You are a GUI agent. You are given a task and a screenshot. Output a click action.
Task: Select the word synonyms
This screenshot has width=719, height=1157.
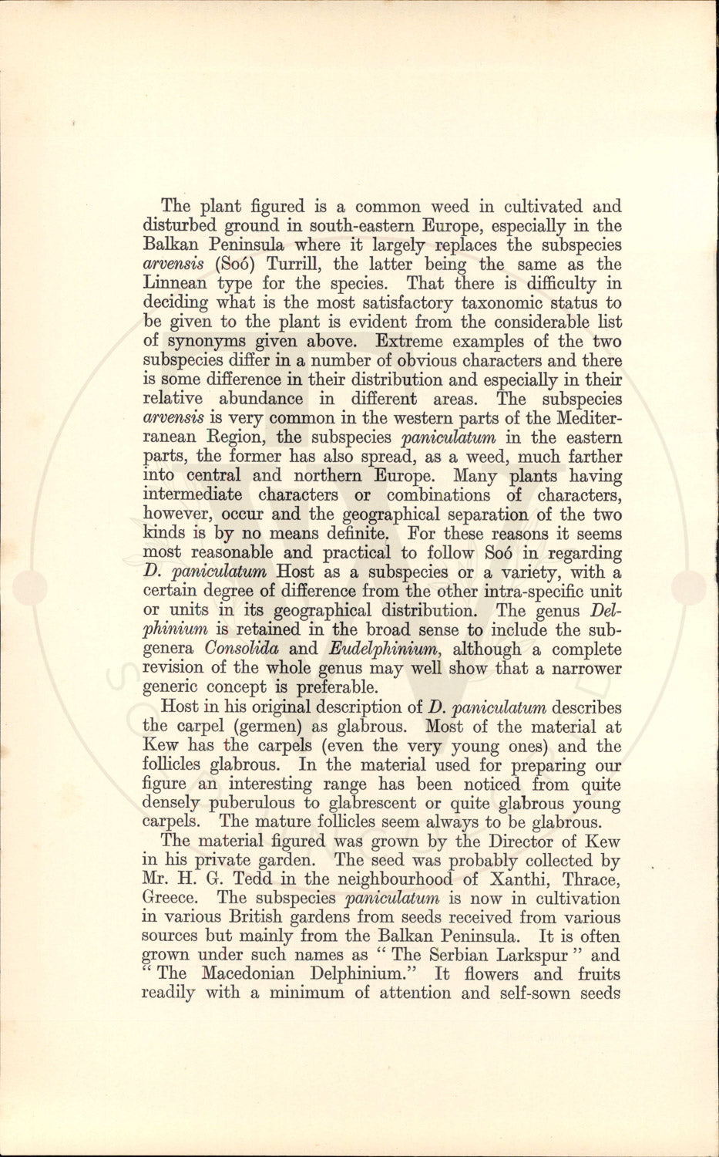click(x=204, y=342)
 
